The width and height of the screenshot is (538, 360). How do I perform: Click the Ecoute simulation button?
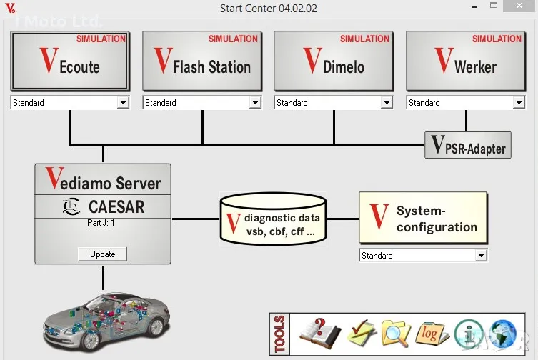point(70,61)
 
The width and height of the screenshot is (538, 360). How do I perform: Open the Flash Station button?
point(202,61)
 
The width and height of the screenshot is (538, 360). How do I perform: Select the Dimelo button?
point(334,61)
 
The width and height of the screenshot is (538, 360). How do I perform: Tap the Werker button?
point(465,61)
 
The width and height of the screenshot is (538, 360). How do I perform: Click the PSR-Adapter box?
point(468,145)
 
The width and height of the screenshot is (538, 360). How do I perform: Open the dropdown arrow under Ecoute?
point(123,103)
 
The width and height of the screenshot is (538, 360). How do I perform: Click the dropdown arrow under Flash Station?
point(255,103)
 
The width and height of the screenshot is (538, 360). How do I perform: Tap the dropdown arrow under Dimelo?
point(387,103)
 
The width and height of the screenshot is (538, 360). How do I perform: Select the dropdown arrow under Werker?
point(519,103)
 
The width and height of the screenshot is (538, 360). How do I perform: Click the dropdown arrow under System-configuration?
point(481,256)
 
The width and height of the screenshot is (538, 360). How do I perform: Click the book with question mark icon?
point(319,333)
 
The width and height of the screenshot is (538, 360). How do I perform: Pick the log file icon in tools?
point(432,334)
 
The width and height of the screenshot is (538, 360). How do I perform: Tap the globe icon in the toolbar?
point(504,334)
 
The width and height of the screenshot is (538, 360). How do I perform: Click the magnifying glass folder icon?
point(395,334)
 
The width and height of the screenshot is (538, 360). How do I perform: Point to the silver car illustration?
point(106,319)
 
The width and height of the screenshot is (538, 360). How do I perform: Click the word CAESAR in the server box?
point(116,207)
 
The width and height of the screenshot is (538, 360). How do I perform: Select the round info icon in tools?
point(468,334)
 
